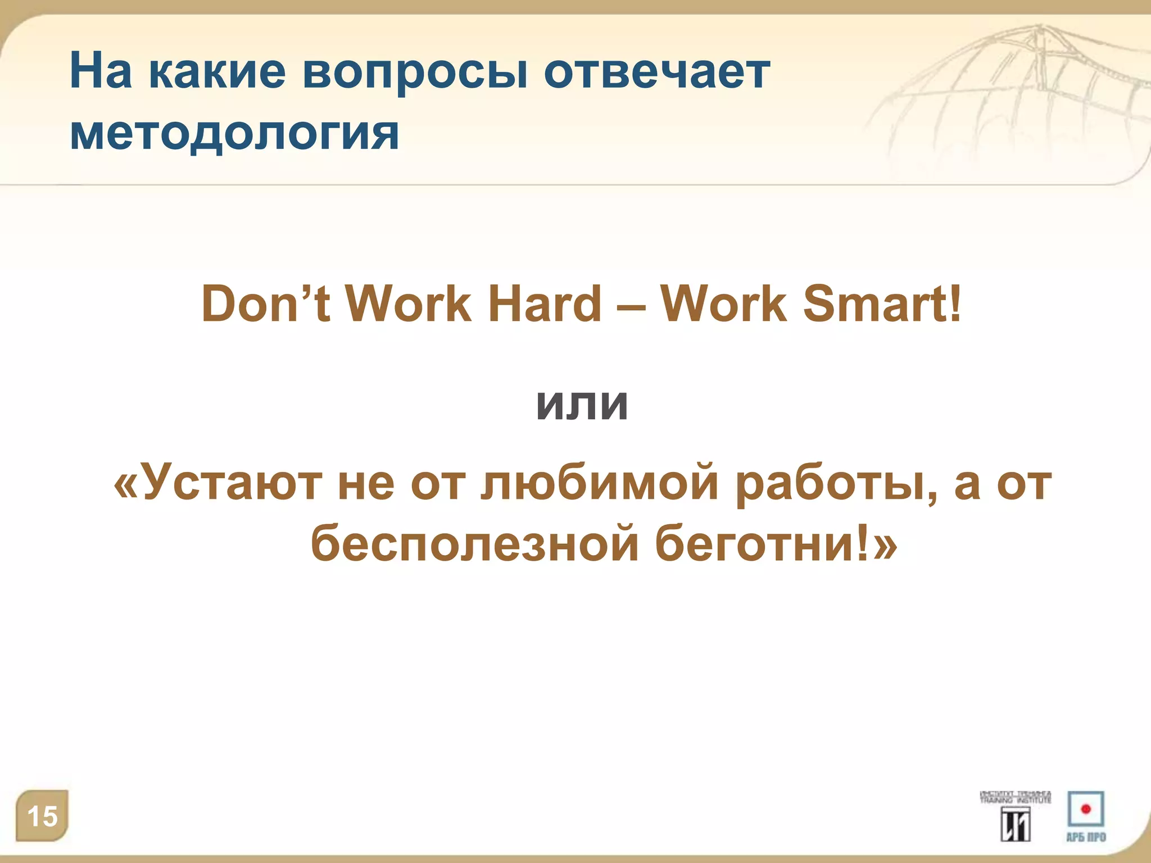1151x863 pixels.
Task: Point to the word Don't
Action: (x=265, y=304)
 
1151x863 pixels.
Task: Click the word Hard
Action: (x=545, y=304)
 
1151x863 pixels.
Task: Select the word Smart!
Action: (x=882, y=304)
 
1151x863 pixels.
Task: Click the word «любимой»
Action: (x=600, y=483)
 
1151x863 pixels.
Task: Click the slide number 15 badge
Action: (x=42, y=816)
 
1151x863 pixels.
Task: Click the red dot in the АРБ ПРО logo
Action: (x=1086, y=809)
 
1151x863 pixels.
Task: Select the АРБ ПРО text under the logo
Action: (x=1086, y=837)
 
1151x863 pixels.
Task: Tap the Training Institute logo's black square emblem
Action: (x=1016, y=824)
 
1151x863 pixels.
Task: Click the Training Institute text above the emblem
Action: (x=1016, y=797)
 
